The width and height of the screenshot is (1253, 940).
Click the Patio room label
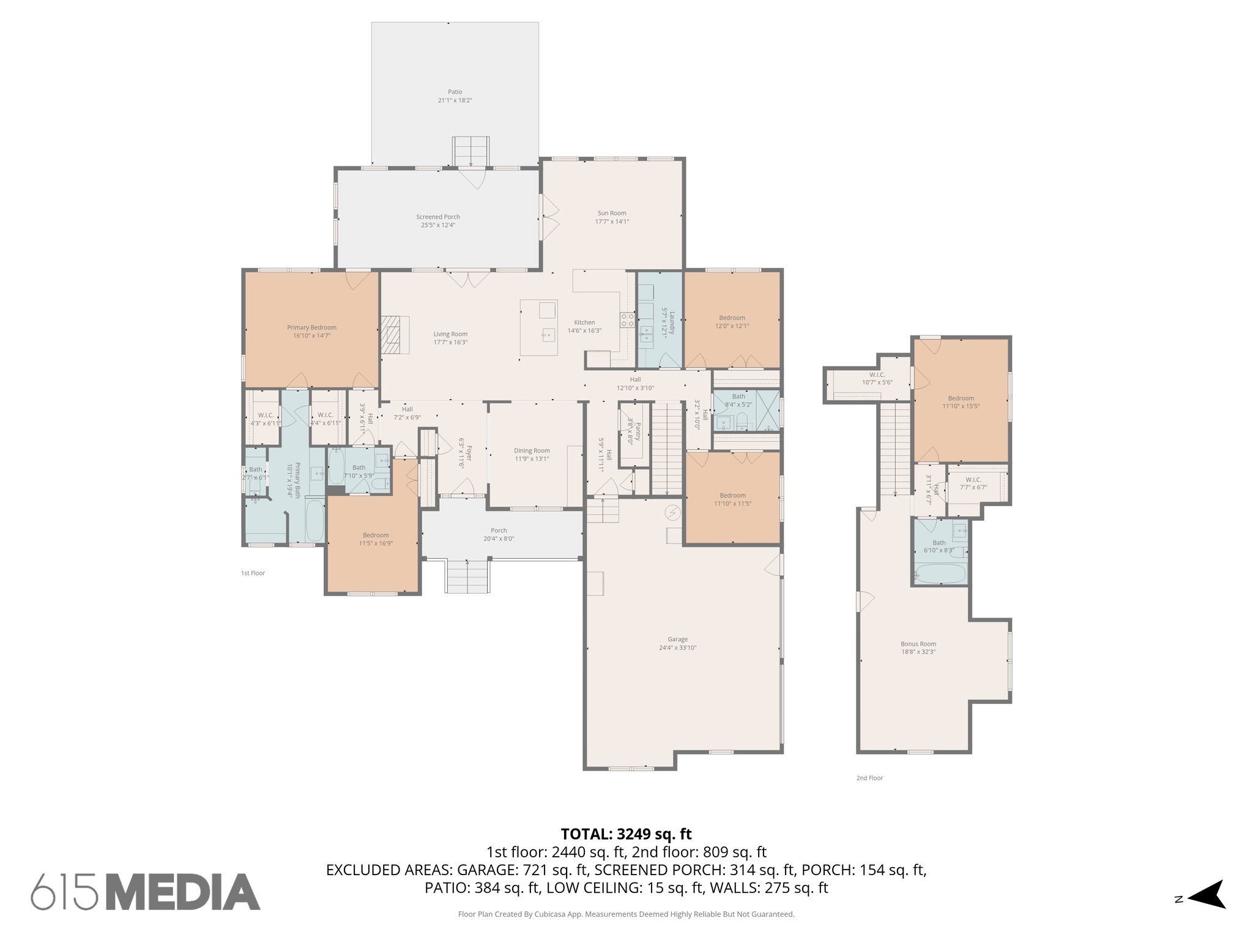pos(455,92)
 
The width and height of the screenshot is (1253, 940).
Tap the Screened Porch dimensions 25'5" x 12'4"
pos(438,225)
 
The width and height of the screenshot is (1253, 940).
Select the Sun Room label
pos(612,213)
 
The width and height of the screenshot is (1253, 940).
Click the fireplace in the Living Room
pos(394,334)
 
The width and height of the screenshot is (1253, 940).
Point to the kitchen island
pos(539,327)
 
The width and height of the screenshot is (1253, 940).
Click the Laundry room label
pos(671,320)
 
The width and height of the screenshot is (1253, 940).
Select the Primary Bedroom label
pos(311,327)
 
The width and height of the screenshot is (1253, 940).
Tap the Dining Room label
pos(532,450)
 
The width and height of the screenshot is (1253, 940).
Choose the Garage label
pos(677,639)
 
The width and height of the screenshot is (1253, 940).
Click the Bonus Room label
pos(918,644)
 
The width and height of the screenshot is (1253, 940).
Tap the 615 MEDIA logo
pos(146,892)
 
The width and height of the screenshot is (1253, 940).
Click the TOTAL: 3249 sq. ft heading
pos(626,834)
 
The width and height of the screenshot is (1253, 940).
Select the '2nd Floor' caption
pos(869,778)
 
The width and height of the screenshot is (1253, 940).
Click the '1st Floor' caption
pos(253,573)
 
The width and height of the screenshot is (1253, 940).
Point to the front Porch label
pos(499,531)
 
